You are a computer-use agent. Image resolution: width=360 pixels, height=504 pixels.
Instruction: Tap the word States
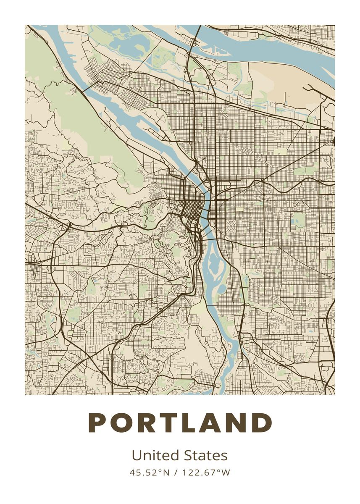click(205, 456)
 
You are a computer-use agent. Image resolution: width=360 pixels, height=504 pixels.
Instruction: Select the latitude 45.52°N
click(149, 472)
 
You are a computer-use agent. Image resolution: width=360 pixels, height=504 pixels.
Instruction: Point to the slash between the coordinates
click(176, 472)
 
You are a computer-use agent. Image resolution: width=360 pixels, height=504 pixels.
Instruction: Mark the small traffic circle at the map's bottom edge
click(218, 385)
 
